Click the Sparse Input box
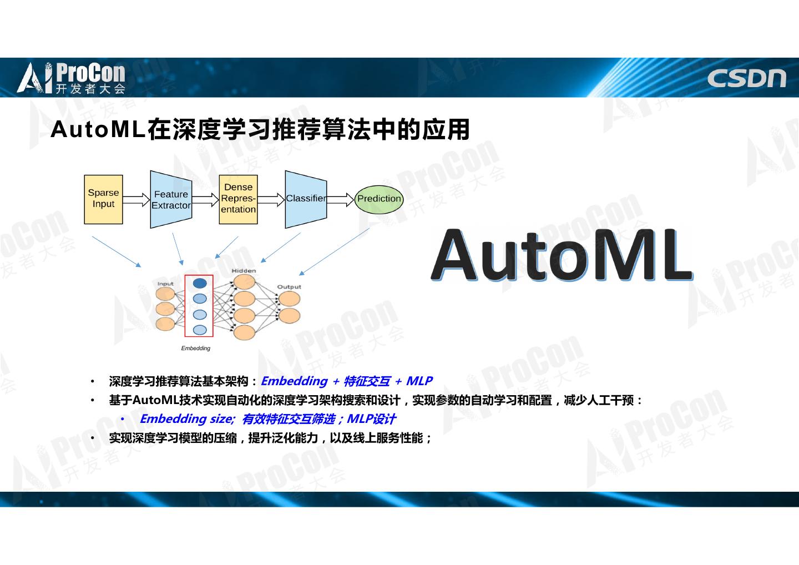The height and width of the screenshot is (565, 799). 103,199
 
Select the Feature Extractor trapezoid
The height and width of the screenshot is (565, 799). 170,199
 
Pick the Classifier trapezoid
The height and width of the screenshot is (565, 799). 305,199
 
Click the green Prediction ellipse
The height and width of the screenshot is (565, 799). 379,199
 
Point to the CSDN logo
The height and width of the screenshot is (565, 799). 746,79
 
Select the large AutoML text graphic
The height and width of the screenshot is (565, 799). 561,255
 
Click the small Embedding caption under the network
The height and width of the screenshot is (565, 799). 196,349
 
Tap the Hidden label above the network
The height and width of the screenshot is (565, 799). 244,271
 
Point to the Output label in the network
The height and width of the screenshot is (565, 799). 289,287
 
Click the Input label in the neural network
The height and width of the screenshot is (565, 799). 165,284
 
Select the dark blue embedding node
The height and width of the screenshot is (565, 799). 200,284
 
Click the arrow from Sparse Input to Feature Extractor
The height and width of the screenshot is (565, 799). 136,199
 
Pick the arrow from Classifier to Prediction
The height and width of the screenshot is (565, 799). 341,199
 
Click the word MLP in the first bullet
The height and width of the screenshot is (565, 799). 419,381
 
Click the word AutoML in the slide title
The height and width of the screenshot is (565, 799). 98,130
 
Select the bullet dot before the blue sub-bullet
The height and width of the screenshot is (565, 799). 123,420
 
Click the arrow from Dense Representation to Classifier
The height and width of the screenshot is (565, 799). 271,199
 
